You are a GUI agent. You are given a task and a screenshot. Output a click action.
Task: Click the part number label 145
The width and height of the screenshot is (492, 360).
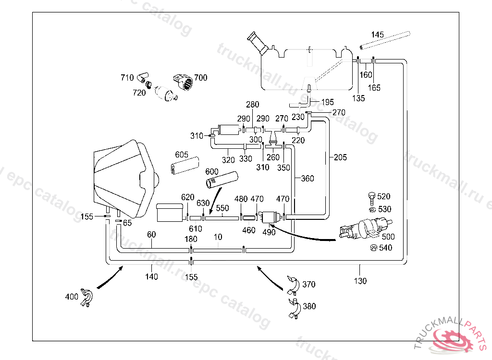[x=378, y=35]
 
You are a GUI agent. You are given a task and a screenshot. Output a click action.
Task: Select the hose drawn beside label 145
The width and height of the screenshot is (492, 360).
[x=385, y=40]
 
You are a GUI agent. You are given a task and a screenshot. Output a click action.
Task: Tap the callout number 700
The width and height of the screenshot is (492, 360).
[x=201, y=78]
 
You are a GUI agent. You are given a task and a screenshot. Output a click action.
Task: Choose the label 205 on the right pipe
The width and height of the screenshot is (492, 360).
[x=340, y=157]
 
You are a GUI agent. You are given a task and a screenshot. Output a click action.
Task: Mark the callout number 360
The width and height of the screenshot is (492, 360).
[x=307, y=179]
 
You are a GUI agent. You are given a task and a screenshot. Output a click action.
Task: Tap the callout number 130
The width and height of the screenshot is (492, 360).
[x=360, y=281]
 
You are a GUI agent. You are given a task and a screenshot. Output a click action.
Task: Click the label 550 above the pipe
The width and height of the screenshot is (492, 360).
[x=222, y=209]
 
